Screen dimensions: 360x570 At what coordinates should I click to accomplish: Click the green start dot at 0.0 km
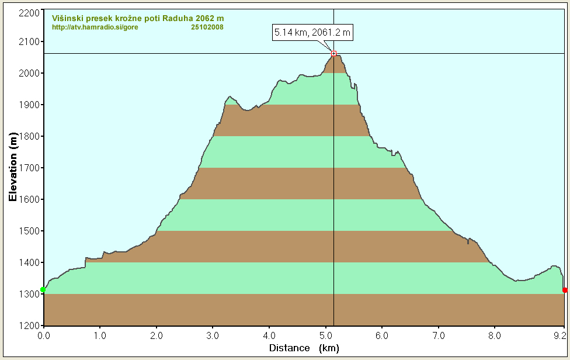(43, 290)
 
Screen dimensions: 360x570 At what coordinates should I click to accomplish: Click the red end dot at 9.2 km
(565, 290)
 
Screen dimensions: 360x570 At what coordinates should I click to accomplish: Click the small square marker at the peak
(333, 53)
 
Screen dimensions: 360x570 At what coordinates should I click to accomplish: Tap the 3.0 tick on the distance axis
(213, 335)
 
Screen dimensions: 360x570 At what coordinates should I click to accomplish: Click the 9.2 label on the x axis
(561, 335)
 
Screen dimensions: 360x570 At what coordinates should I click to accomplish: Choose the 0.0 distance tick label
(44, 335)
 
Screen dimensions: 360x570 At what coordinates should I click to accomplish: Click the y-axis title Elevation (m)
(12, 167)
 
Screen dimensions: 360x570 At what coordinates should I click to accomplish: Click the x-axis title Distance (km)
(304, 348)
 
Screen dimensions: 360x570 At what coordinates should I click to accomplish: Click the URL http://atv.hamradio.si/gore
(95, 27)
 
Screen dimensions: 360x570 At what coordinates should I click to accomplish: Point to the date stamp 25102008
(207, 27)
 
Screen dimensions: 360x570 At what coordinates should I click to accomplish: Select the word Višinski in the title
(66, 18)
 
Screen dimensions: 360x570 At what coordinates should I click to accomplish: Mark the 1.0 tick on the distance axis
(100, 335)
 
